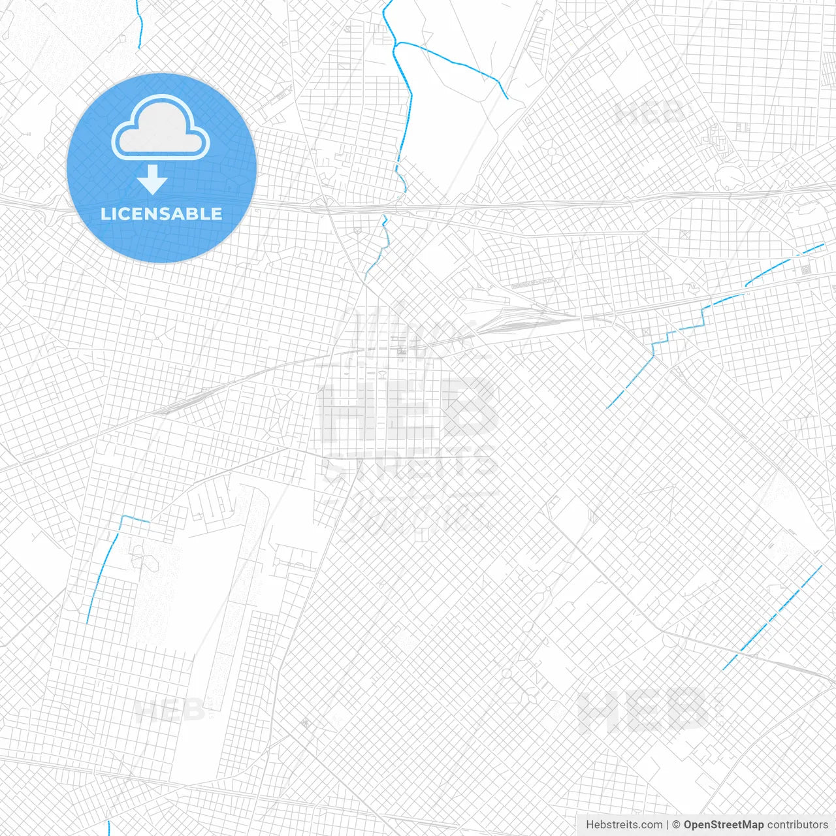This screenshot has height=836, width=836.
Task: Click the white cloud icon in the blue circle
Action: click(x=161, y=129)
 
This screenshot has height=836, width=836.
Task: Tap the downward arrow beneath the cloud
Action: click(x=152, y=180)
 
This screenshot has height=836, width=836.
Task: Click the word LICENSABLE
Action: click(x=161, y=214)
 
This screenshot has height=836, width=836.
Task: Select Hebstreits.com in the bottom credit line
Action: click(x=624, y=825)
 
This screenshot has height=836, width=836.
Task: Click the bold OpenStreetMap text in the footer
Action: click(x=723, y=825)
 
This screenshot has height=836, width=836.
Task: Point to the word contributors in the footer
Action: click(x=797, y=825)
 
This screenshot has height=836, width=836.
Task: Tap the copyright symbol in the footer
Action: click(x=677, y=825)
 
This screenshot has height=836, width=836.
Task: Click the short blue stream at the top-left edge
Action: click(x=140, y=24)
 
